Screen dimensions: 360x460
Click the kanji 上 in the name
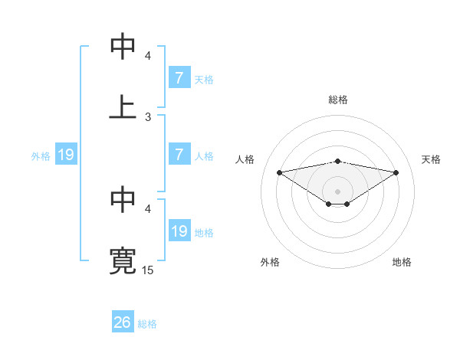[123, 106]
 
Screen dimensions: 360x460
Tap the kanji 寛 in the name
[123, 260]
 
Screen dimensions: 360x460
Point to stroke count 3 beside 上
[148, 116]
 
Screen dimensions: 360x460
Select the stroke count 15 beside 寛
[148, 270]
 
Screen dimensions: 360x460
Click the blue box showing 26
[123, 323]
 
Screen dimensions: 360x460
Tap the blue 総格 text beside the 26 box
[147, 324]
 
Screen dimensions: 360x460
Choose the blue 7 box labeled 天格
[179, 78]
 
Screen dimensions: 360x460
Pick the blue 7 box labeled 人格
[179, 155]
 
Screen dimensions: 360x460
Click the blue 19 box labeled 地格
[179, 231]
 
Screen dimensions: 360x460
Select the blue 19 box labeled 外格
[66, 155]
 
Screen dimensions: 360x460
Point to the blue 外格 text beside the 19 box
[41, 156]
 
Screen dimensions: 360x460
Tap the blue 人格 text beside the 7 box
[204, 155]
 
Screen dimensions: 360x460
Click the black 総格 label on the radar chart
[338, 100]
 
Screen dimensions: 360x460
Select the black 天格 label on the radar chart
[432, 159]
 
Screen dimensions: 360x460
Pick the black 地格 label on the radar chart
[402, 262]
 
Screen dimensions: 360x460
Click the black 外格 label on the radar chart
[270, 262]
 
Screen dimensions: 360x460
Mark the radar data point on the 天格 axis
[396, 172]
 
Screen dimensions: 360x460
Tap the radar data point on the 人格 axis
[279, 172]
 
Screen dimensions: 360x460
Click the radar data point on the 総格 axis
[338, 161]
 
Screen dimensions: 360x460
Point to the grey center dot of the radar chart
[338, 191]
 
